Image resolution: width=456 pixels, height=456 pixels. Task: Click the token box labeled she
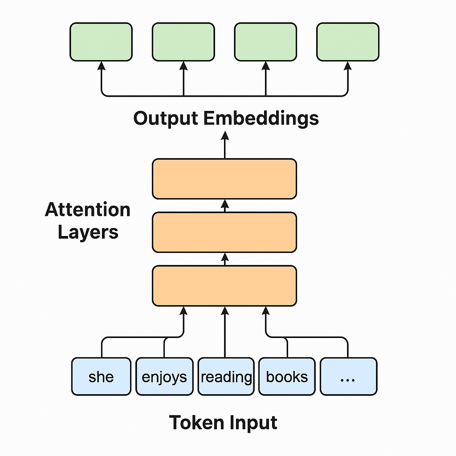(101, 376)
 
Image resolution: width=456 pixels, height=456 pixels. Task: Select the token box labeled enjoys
(164, 376)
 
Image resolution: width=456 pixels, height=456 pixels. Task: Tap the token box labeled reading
(226, 376)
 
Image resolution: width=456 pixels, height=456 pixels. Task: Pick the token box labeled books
(287, 376)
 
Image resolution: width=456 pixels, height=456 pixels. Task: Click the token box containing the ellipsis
(348, 376)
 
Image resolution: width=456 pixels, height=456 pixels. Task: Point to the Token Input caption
(223, 422)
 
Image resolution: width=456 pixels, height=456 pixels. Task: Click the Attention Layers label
(88, 221)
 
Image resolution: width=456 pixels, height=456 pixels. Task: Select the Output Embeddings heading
(226, 118)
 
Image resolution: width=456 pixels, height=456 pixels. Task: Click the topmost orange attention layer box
(224, 179)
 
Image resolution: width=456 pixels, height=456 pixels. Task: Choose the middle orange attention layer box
(224, 232)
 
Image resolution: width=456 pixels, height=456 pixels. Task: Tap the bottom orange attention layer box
(224, 285)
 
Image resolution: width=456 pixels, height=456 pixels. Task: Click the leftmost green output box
(101, 42)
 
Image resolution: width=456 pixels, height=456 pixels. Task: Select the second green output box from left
(183, 42)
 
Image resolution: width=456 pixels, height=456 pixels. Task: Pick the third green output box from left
(265, 42)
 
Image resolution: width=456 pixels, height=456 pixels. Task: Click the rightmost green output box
(348, 42)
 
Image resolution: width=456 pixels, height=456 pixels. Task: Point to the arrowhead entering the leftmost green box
(101, 65)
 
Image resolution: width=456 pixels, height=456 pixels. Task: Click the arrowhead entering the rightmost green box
(348, 65)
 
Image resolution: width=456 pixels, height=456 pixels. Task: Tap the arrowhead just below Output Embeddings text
(224, 135)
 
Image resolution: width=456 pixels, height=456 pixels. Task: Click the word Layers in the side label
(88, 232)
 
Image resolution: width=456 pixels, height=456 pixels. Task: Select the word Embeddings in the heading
(261, 118)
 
